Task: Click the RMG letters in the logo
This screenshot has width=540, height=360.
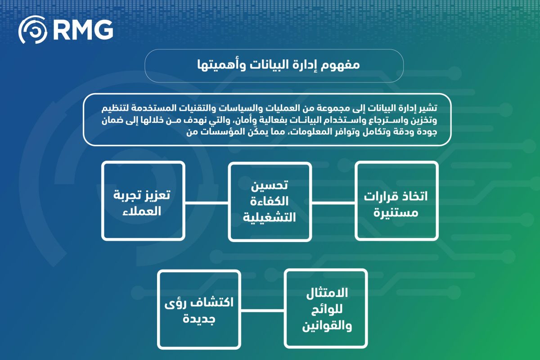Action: point(83,30)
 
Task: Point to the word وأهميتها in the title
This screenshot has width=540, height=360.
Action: point(221,65)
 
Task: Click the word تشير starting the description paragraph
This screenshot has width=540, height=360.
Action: point(430,108)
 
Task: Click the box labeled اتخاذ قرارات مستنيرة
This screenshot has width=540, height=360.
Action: point(396,201)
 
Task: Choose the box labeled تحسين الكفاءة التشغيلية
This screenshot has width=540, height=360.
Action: point(270,202)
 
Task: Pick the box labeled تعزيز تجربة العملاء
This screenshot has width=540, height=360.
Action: point(143,201)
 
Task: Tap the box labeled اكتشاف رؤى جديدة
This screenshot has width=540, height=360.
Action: point(199,309)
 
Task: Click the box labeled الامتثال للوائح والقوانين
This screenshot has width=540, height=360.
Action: point(326,308)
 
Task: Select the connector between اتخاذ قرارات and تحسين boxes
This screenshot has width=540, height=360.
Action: point(333,203)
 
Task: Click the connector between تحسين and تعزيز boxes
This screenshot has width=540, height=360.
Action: point(207,203)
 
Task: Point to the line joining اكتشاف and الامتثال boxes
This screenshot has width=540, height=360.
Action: point(262,310)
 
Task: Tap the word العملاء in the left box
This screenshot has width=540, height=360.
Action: point(142,211)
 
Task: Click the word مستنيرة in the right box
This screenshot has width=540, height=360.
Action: point(396,213)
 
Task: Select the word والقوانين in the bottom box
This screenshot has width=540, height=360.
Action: point(327,326)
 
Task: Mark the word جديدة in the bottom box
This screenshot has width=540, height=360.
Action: point(199,319)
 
